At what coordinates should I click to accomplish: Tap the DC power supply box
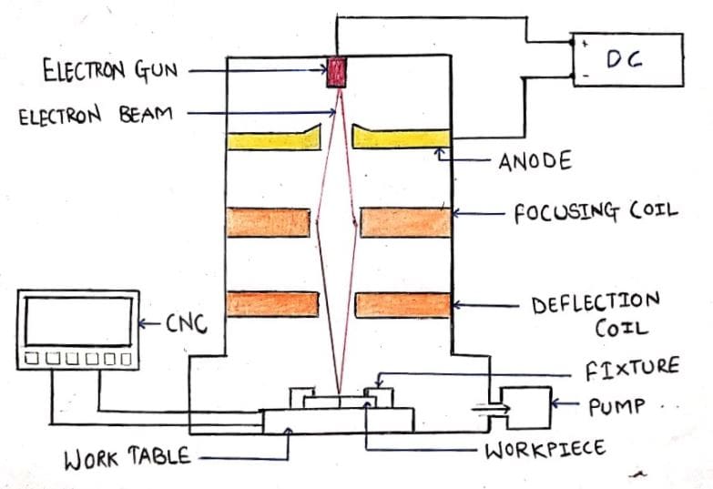click(627, 60)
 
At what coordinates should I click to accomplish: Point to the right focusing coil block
click(405, 223)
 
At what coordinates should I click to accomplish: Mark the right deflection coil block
click(403, 304)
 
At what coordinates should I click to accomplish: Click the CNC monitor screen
click(78, 321)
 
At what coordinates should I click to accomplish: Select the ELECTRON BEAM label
click(95, 117)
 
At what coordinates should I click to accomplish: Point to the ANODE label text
click(535, 161)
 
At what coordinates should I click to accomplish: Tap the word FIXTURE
click(631, 368)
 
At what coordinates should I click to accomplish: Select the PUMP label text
click(617, 406)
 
